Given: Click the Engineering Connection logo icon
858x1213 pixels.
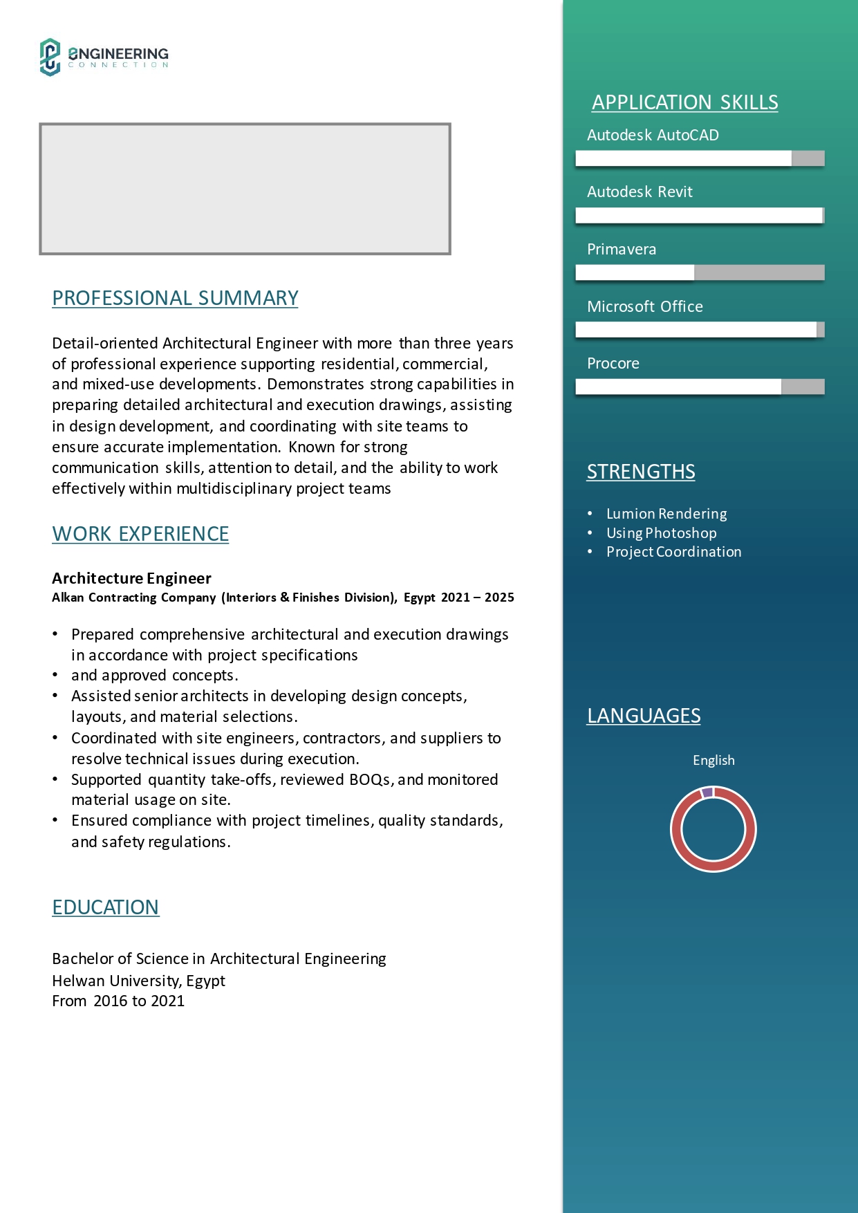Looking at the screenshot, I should (50, 57).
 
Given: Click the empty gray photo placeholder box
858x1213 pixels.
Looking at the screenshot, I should (245, 189).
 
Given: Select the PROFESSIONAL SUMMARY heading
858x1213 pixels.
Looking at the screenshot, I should (175, 298).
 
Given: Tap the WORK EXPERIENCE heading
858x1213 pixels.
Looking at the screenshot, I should (140, 534).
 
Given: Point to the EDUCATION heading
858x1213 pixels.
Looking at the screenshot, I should (106, 907).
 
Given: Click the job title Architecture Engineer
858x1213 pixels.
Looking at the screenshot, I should (131, 578).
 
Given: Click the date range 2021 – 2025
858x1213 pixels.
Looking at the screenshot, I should (477, 598).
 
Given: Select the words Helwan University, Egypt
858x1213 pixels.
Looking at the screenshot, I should (138, 981).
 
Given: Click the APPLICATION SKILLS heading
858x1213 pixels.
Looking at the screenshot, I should (684, 102).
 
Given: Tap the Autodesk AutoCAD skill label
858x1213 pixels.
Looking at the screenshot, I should (653, 136).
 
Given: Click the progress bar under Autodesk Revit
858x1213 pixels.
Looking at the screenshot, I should (700, 216).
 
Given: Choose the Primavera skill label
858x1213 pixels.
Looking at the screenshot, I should (622, 250).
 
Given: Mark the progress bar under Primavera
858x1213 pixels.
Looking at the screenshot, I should (700, 272).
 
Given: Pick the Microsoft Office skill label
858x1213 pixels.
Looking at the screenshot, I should (644, 307).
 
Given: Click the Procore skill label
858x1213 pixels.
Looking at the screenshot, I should (613, 364).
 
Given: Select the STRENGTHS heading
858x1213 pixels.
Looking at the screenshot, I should (641, 472).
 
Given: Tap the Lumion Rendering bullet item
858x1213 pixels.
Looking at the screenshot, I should (666, 514).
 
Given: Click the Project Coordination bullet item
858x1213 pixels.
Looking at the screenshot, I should (673, 552).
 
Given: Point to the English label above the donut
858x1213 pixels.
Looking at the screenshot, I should (714, 760).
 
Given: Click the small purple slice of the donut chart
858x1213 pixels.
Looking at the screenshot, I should (707, 793).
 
